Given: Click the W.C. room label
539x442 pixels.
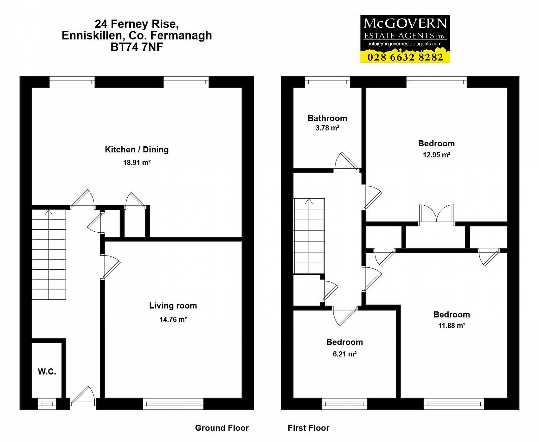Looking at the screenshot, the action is pos(47,372).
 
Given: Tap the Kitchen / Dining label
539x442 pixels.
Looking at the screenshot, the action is pos(137,150).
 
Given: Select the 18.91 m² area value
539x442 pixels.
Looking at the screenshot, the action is pos(137,163).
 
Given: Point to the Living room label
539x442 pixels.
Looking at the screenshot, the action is pos(173,306).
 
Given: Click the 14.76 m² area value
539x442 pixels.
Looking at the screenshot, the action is pos(173,319).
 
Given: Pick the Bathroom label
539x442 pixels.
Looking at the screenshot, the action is pos(327,118).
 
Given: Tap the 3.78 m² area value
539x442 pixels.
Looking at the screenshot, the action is pos(327,128).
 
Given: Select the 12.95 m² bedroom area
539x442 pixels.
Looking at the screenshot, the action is pos(437,155).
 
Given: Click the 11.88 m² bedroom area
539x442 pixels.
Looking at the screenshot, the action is pos(452,326).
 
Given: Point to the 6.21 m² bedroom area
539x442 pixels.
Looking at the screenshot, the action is pos(345,354).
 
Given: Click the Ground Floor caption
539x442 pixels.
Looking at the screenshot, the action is pos(222,428).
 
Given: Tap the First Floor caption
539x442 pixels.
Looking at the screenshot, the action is pos(309,428).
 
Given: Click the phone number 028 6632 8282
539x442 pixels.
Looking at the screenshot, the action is pos(405,57).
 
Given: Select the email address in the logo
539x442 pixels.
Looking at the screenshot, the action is pos(405,44).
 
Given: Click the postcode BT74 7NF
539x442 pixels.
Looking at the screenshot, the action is pos(137,47).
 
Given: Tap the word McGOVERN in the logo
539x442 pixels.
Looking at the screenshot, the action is pos(405,24).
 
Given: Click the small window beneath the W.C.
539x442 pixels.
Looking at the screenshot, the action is pos(46,404).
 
